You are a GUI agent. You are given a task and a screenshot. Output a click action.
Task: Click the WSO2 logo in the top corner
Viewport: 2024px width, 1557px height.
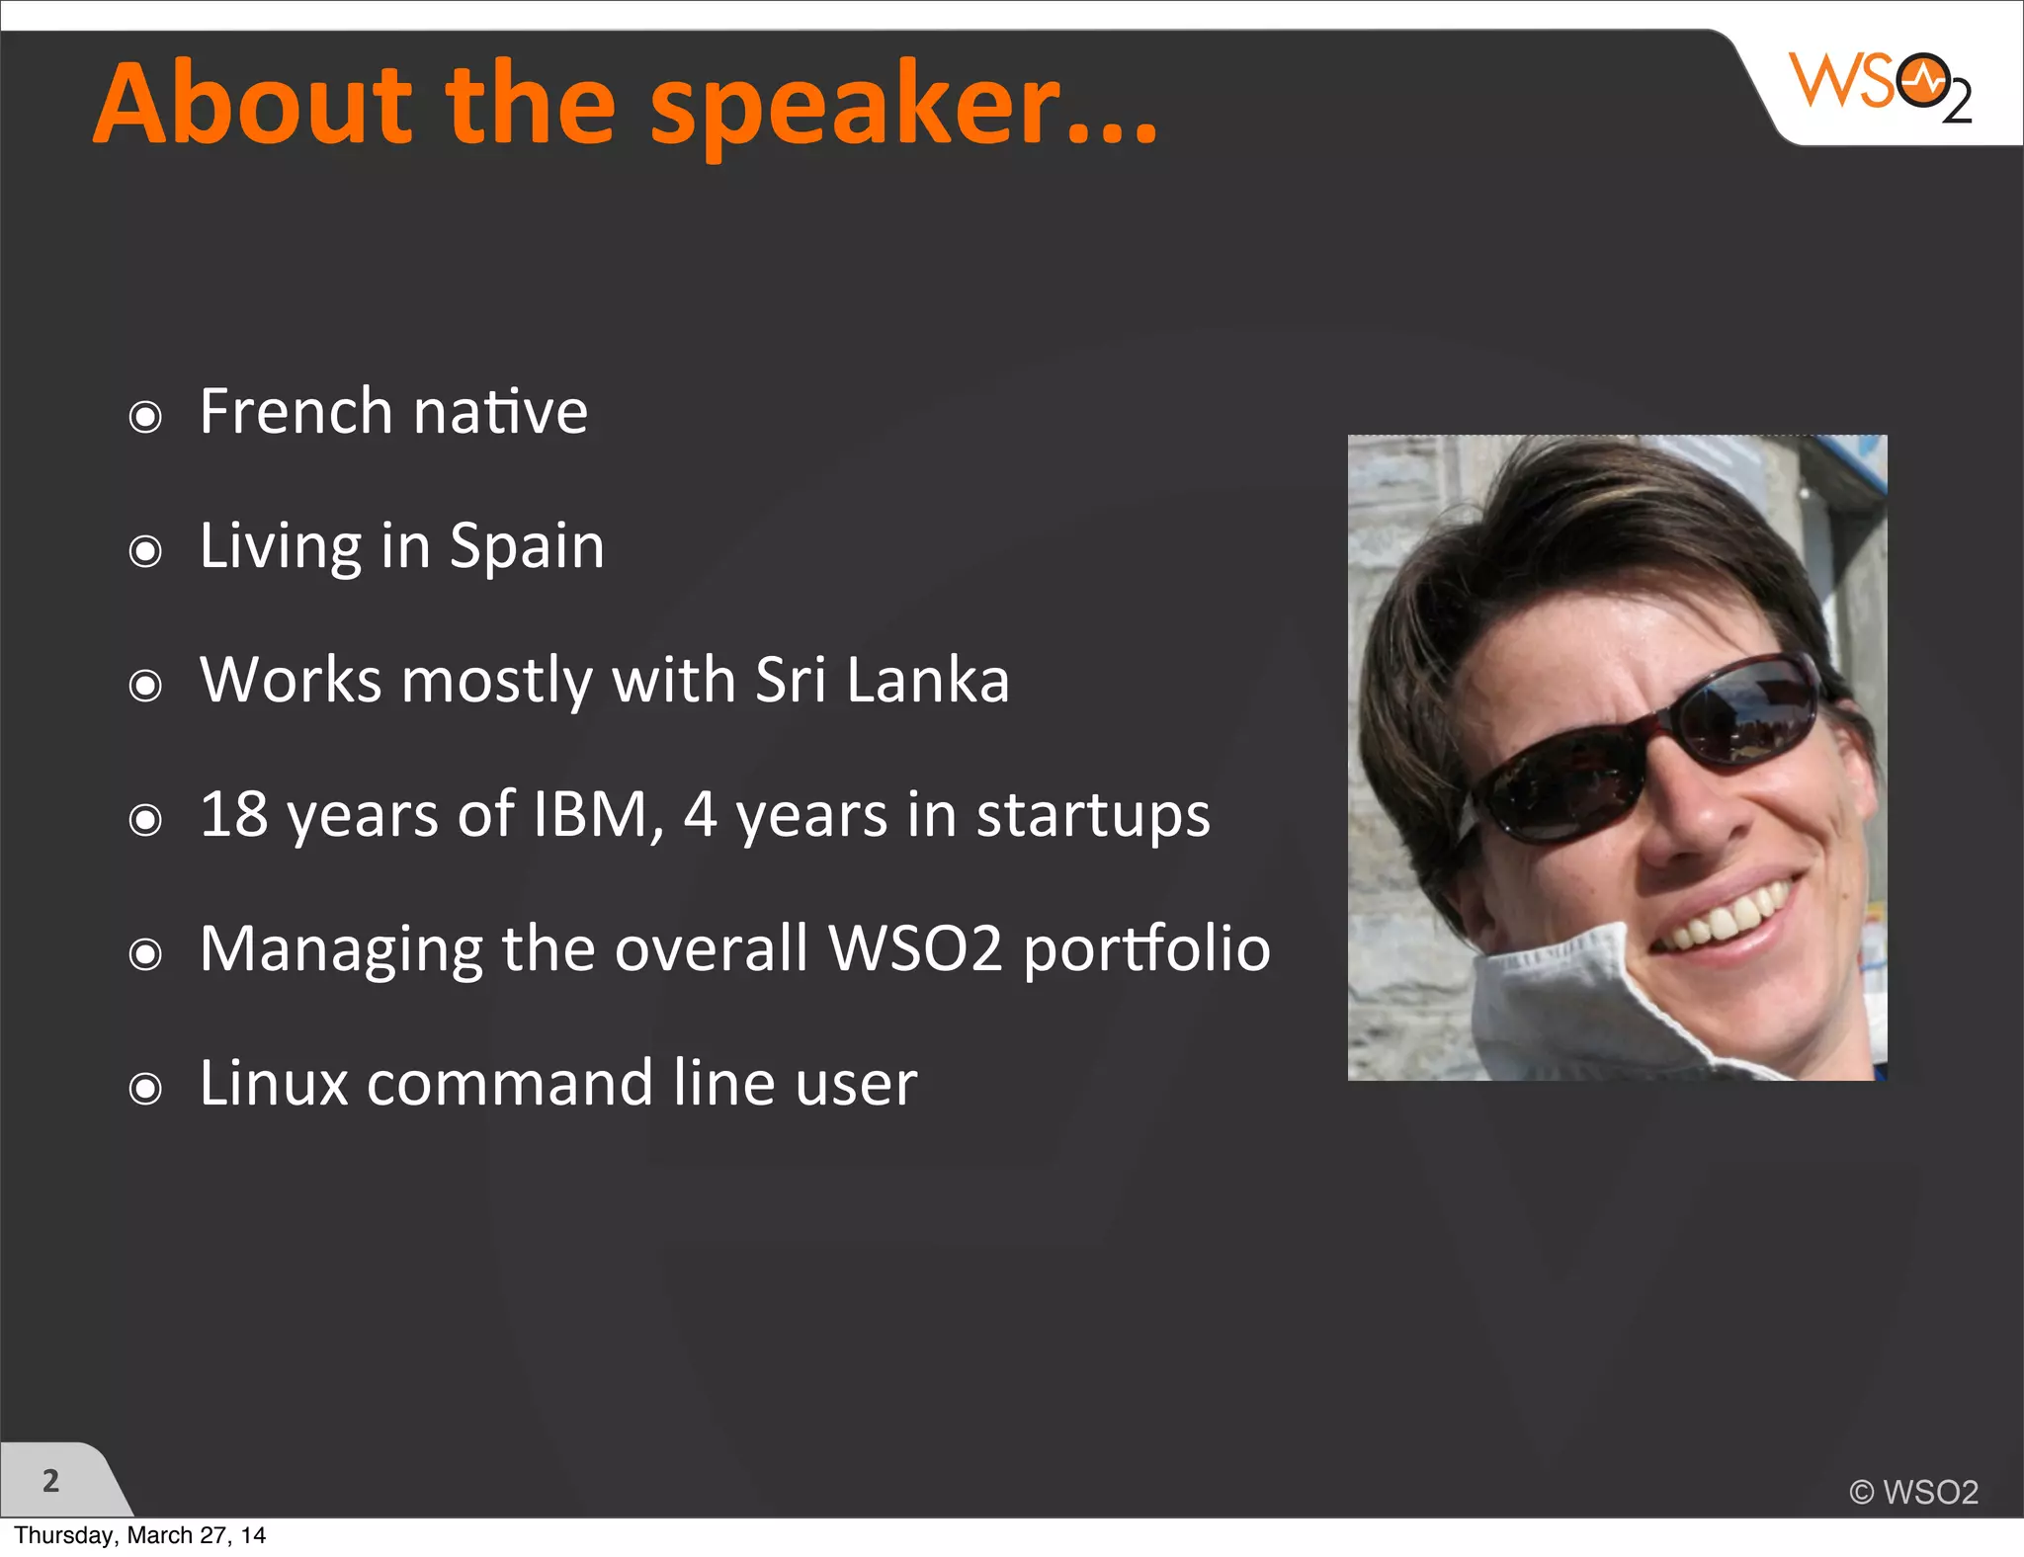click(1879, 87)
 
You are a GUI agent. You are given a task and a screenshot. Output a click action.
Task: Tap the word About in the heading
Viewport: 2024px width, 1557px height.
click(253, 105)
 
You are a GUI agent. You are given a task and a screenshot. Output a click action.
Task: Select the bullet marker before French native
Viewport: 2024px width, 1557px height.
click(145, 417)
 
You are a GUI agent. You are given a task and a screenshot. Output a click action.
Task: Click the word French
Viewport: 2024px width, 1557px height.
click(296, 411)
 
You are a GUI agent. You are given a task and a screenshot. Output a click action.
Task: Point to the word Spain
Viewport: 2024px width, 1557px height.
click(526, 547)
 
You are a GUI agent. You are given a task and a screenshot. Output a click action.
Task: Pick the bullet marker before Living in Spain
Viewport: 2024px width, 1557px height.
click(145, 551)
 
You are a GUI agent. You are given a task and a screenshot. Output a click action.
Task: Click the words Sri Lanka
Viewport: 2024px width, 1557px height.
click(882, 680)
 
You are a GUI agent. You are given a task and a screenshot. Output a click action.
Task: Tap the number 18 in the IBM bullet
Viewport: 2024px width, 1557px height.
click(233, 814)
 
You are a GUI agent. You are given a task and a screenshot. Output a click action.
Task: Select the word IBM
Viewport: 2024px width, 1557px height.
click(590, 814)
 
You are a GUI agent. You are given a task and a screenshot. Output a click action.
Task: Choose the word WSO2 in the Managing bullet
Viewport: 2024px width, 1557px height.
click(915, 948)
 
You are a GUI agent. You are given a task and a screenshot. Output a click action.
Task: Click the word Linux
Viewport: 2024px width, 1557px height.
click(274, 1083)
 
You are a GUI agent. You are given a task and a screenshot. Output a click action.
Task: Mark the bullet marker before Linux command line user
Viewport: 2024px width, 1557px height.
click(145, 1089)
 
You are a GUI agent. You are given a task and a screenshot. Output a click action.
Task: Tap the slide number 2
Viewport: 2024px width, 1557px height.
click(50, 1481)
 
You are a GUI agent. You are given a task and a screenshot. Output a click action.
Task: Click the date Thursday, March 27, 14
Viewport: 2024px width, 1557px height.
click(139, 1535)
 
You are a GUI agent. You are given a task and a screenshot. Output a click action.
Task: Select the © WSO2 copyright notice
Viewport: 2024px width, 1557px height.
click(1913, 1492)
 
